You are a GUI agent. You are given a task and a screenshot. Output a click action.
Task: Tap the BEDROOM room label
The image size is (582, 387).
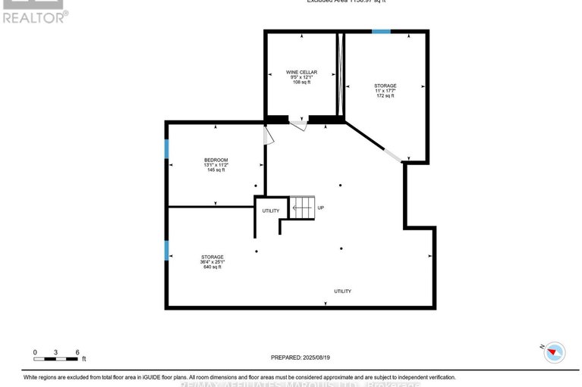point(216,160)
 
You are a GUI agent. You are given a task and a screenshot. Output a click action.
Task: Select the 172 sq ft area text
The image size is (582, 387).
point(385,96)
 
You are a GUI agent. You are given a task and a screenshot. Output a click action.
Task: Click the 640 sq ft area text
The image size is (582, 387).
point(212,267)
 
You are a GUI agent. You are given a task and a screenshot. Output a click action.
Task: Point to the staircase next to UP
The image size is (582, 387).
point(302,207)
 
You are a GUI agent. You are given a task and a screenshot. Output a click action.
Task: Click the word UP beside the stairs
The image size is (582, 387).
point(321,208)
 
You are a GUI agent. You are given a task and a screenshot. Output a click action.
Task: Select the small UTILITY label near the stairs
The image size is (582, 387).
point(271,211)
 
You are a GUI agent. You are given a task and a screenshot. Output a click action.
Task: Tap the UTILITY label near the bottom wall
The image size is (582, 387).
point(343,292)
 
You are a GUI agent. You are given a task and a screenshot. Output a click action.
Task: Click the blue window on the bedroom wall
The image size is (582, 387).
point(167,148)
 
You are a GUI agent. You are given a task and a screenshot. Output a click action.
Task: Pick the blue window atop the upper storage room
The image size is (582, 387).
point(381,31)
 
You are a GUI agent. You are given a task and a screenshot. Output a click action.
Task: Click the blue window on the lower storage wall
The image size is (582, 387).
point(167,250)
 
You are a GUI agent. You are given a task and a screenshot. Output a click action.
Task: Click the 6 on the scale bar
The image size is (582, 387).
point(77,352)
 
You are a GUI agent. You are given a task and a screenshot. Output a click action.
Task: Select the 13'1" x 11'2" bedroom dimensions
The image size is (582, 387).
point(216,165)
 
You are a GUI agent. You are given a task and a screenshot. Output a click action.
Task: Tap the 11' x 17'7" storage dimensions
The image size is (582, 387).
point(385,91)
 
